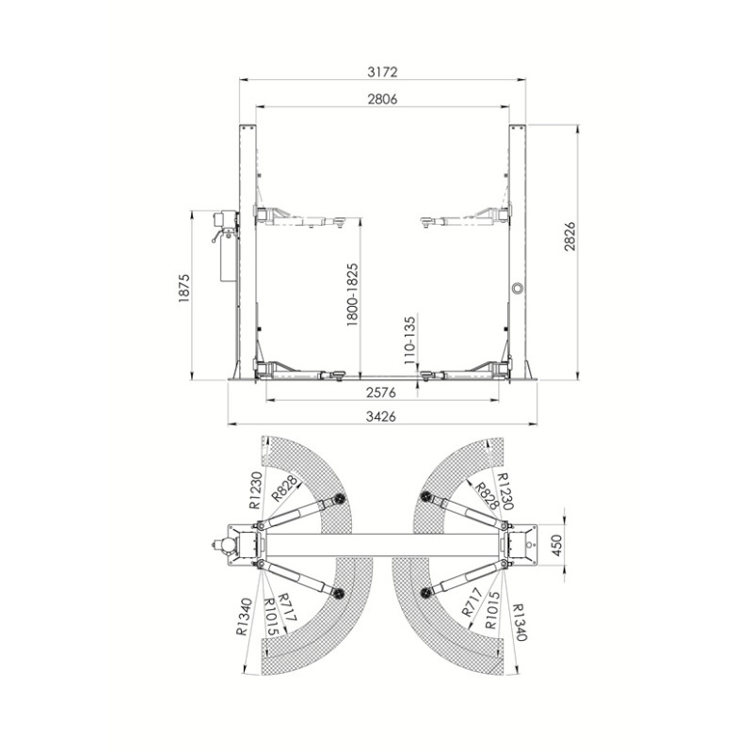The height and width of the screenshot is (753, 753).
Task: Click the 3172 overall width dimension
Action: click(x=383, y=72)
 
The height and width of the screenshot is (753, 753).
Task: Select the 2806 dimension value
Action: click(x=383, y=99)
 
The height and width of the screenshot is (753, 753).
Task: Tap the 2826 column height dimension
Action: click(x=569, y=236)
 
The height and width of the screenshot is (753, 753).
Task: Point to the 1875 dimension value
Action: click(x=184, y=288)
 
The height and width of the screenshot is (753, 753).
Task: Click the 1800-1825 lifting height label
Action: click(x=352, y=295)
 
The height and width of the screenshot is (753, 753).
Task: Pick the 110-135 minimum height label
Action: click(x=409, y=340)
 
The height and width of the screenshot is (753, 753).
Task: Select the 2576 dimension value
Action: click(x=381, y=393)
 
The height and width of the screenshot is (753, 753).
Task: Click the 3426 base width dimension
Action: click(x=381, y=416)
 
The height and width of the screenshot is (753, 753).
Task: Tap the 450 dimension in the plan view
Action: click(x=556, y=545)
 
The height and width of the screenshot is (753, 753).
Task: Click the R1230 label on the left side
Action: click(x=256, y=489)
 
